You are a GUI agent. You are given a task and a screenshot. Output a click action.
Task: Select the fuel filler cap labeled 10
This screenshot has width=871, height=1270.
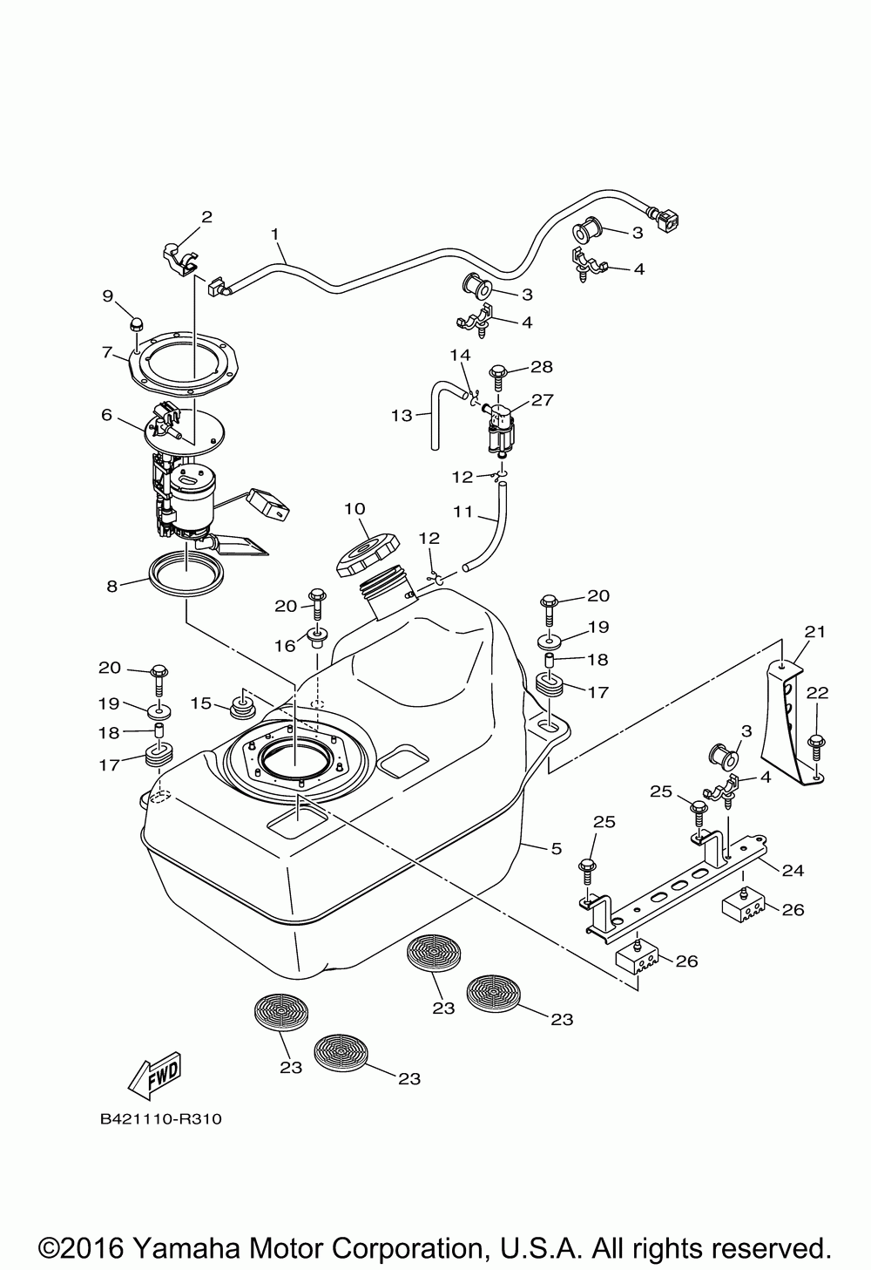(x=367, y=554)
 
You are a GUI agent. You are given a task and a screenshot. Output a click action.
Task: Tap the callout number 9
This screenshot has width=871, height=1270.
(x=108, y=296)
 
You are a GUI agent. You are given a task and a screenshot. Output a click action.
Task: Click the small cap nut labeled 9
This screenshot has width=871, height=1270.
(x=136, y=324)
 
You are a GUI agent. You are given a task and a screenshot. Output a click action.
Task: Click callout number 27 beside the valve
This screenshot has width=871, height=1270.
(x=542, y=400)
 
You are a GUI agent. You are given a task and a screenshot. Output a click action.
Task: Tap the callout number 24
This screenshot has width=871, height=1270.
(x=793, y=869)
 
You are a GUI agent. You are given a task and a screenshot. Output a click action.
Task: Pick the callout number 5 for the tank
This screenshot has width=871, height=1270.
(x=556, y=848)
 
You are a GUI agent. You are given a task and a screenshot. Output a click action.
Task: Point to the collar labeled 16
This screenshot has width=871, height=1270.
(x=317, y=639)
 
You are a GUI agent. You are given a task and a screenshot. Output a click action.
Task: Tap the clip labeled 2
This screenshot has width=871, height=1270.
(x=181, y=259)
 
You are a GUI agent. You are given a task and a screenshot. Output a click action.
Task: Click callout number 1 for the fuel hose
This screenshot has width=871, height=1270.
(x=275, y=234)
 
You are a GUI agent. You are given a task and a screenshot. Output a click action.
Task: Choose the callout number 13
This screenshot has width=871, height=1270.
(x=402, y=415)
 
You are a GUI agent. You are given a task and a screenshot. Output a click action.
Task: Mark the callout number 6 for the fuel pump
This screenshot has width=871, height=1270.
(x=106, y=415)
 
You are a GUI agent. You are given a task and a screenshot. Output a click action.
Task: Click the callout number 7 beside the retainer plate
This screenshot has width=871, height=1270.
(x=108, y=352)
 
